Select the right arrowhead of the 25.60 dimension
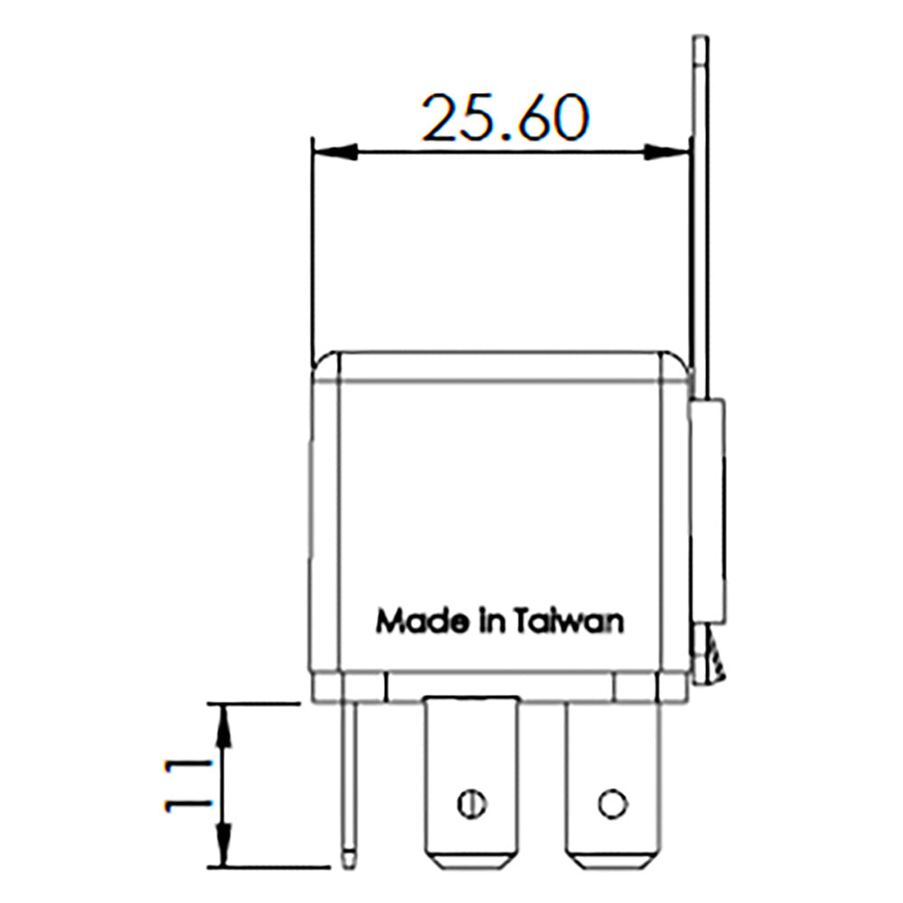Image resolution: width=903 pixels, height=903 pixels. click(x=666, y=152)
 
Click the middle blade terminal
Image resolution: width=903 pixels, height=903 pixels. click(x=471, y=777)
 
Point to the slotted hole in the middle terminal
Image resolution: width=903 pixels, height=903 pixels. click(x=471, y=802)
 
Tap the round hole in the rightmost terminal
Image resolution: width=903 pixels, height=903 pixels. click(x=612, y=802)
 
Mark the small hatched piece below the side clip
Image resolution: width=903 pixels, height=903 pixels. click(x=713, y=657)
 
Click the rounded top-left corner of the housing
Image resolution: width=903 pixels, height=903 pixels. click(x=321, y=363)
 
